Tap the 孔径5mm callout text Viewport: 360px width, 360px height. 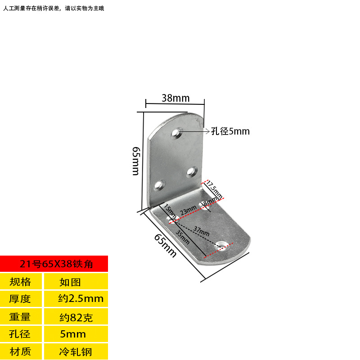pyautogui.click(x=230, y=131)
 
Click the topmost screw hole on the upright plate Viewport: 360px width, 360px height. pyautogui.click(x=176, y=133)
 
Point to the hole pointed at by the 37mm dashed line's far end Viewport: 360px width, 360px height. pyautogui.click(x=221, y=246)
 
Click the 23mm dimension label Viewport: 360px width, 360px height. pyautogui.click(x=188, y=210)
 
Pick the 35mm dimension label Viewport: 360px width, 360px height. pyautogui.click(x=183, y=236)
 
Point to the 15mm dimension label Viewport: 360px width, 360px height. pyautogui.click(x=170, y=210)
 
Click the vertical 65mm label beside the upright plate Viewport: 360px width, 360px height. pyautogui.click(x=136, y=161)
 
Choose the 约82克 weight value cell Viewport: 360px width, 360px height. pyautogui.click(x=76, y=317)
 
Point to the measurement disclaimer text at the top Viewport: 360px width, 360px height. pyautogui.click(x=54, y=8)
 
